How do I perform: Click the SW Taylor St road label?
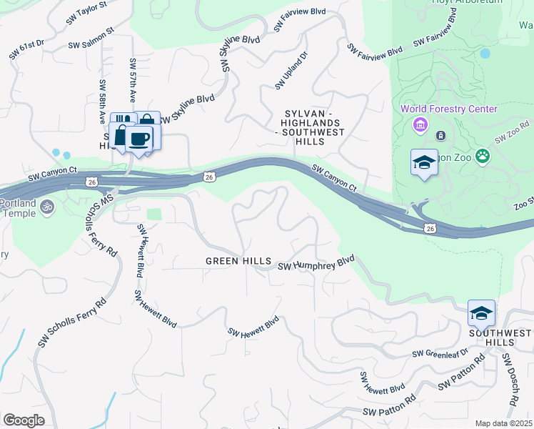[86, 13]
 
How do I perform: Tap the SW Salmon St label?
[91, 40]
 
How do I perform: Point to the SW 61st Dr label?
[26, 49]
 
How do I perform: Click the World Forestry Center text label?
[448, 109]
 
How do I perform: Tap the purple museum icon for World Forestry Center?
[420, 126]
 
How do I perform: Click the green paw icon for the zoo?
[483, 154]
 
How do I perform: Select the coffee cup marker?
[139, 138]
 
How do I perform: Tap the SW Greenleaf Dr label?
[440, 352]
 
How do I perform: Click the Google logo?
[24, 420]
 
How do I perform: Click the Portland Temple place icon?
[47, 207]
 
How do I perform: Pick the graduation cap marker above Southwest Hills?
[481, 312]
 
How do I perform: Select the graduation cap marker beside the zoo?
[424, 162]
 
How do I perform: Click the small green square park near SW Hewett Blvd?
[153, 214]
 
